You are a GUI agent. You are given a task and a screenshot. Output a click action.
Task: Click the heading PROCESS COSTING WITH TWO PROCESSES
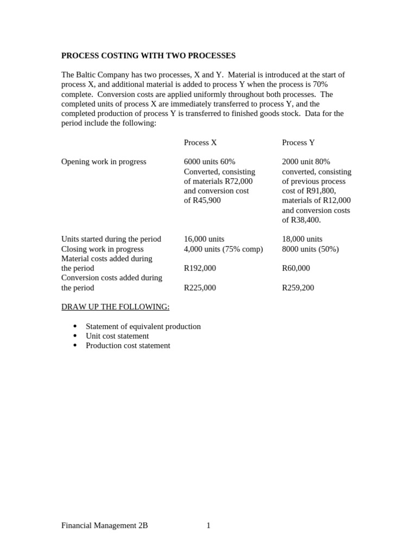tap(148, 55)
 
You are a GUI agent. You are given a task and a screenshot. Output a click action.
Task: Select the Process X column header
tap(200, 143)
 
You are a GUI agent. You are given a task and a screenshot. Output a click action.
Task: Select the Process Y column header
tap(298, 143)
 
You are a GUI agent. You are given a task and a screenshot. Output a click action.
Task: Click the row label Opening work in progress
tap(104, 162)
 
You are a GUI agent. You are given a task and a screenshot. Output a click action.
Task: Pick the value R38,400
tap(306, 220)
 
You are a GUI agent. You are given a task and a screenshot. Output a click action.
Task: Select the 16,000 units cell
tap(204, 239)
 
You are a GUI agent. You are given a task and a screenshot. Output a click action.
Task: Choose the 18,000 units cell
tap(302, 239)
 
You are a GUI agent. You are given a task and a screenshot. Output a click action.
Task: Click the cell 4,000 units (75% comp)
tap(223, 249)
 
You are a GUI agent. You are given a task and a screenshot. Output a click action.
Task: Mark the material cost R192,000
tap(200, 268)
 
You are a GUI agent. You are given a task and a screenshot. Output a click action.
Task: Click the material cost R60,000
tap(296, 268)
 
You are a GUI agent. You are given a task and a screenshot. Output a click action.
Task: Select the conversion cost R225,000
tap(200, 288)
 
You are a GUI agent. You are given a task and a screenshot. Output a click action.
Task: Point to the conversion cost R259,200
tap(298, 288)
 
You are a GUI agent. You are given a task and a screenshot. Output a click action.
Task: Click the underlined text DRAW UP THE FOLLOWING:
tap(115, 307)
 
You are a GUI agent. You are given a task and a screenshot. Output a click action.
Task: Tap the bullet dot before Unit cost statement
tap(75, 336)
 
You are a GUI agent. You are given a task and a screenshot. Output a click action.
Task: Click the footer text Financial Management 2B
tap(104, 525)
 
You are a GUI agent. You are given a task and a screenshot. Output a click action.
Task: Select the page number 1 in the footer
tap(208, 525)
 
